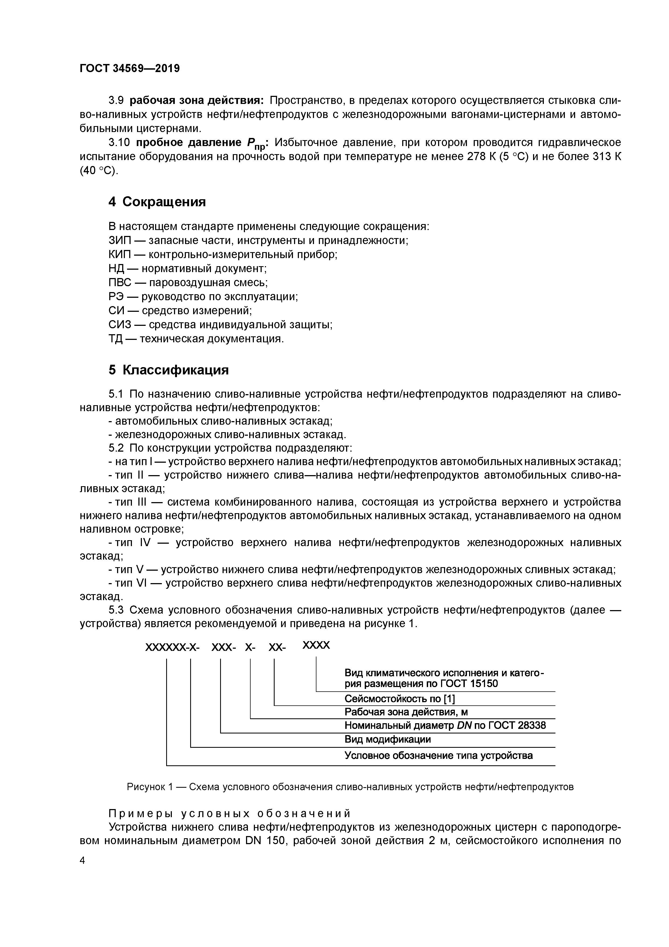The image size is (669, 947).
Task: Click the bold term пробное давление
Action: pyautogui.click(x=188, y=143)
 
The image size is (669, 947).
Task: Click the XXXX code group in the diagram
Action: pyautogui.click(x=316, y=645)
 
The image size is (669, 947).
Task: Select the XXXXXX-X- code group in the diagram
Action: pyautogui.click(x=172, y=648)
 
